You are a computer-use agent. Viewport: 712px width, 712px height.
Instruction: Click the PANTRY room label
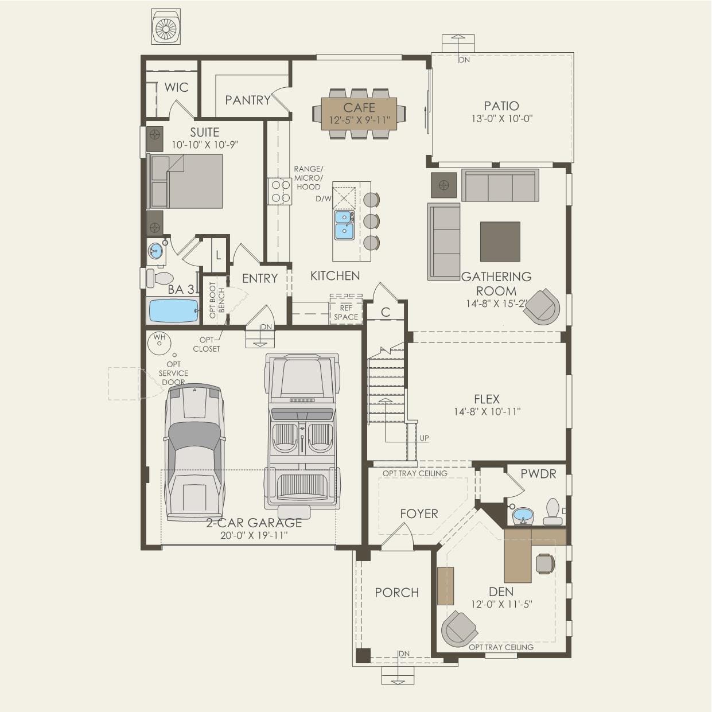(247, 100)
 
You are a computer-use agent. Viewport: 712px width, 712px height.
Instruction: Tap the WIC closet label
(176, 87)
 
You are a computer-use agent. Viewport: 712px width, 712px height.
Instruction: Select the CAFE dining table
(359, 113)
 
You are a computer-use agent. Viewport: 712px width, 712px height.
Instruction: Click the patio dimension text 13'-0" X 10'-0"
(501, 119)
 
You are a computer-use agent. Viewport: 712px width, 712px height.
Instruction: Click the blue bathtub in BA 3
(173, 311)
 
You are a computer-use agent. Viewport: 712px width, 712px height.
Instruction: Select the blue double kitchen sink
(344, 224)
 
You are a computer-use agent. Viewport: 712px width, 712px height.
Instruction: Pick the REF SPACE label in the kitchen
(346, 313)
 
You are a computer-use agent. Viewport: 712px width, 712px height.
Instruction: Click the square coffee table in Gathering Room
(500, 242)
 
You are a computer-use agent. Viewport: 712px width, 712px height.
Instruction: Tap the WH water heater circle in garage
(159, 342)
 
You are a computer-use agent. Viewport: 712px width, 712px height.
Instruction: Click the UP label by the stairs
(424, 438)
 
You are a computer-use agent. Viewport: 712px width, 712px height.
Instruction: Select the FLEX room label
(487, 399)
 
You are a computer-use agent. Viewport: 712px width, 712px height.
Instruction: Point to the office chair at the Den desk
(545, 563)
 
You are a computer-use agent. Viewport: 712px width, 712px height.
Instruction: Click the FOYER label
(419, 513)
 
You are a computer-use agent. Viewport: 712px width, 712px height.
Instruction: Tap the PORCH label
(396, 592)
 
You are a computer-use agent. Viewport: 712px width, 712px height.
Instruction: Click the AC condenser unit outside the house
(166, 26)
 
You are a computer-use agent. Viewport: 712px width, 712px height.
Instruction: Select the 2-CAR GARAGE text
(254, 523)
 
